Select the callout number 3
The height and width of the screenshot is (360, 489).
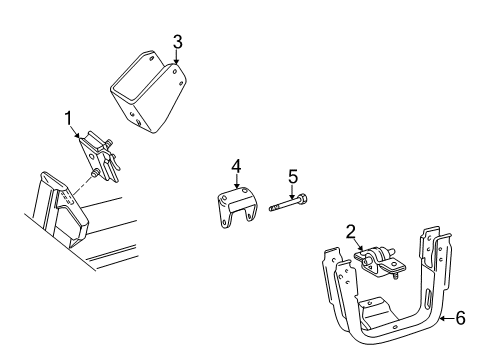(177, 42)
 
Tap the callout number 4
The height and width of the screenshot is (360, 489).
(237, 166)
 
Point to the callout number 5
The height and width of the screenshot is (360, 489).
(292, 177)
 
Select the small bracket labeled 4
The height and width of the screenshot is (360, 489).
(234, 207)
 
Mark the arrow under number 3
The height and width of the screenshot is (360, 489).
(177, 58)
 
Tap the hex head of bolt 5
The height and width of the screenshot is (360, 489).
(302, 204)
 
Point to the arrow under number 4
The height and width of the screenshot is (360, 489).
(237, 181)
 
